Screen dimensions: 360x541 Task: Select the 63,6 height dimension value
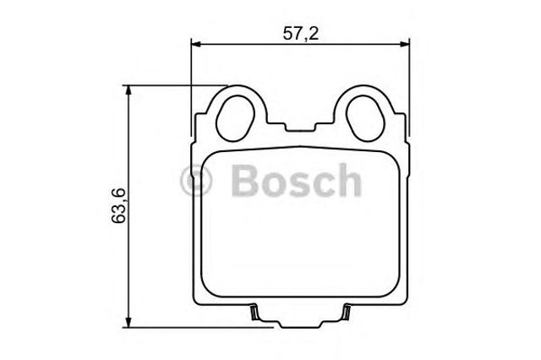[x=118, y=205]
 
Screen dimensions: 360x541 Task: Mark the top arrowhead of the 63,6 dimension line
[x=128, y=90]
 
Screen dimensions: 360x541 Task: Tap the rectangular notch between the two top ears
[x=300, y=126]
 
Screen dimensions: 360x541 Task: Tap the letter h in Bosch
[x=348, y=180]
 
